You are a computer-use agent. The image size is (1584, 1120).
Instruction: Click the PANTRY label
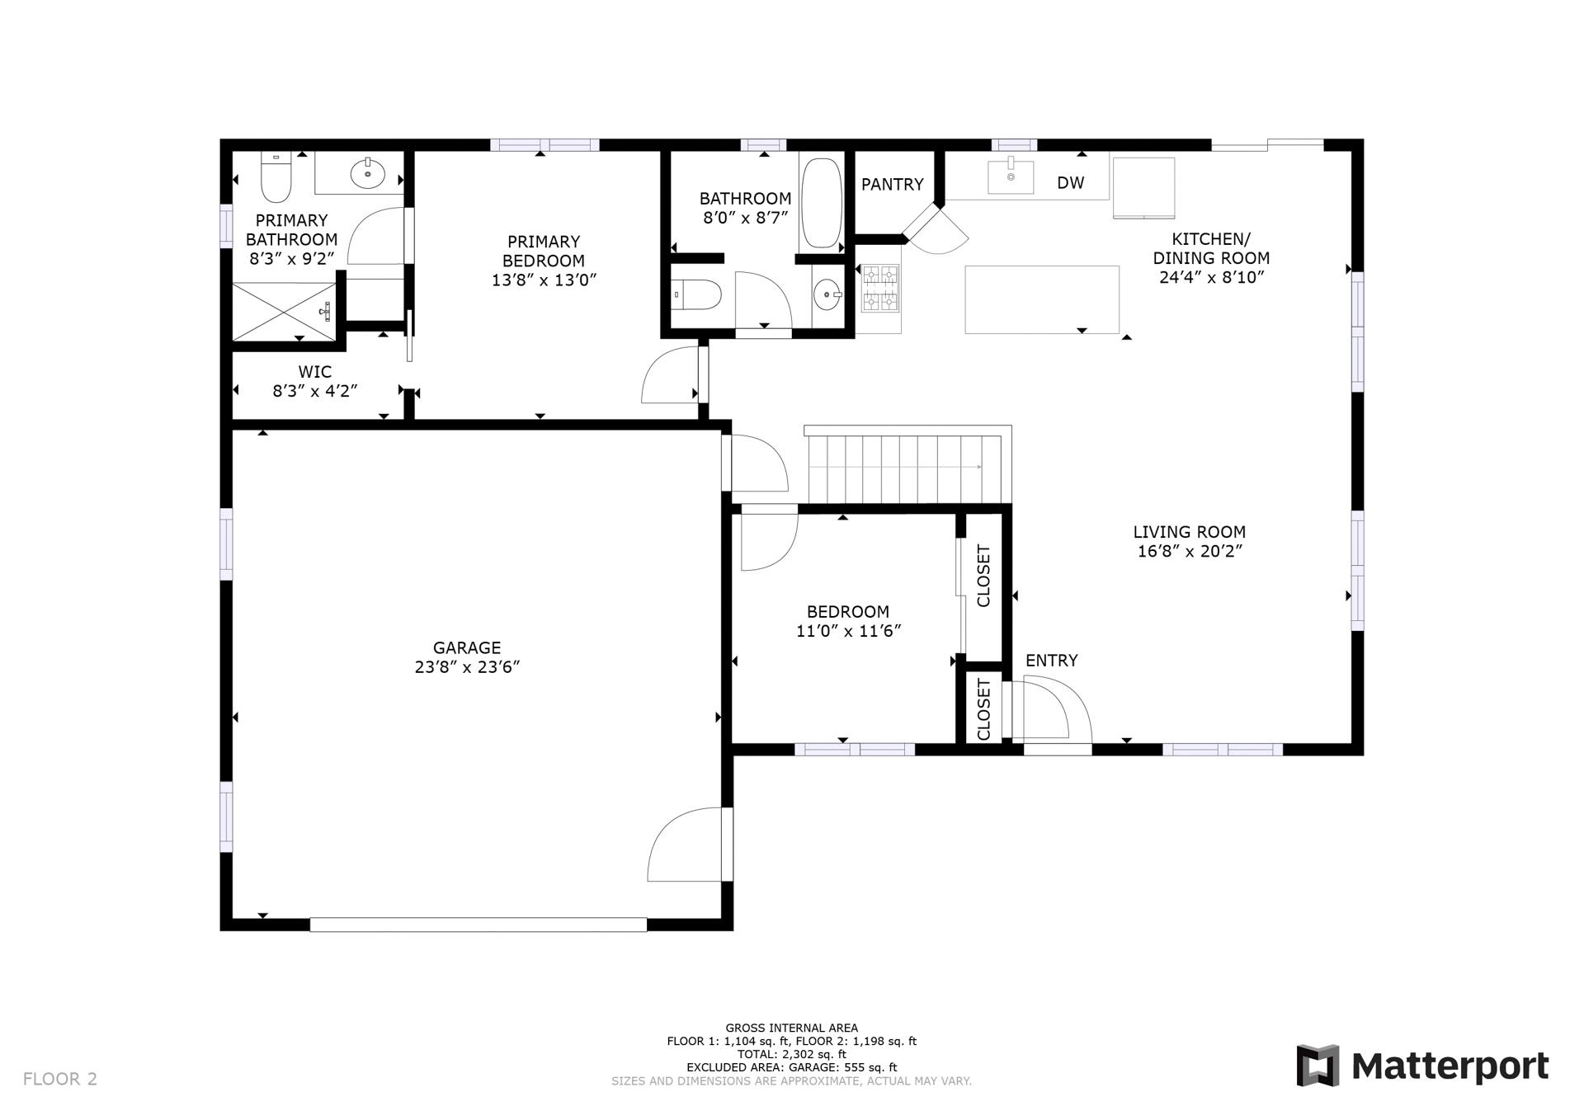click(892, 185)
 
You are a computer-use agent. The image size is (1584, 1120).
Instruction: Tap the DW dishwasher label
click(1070, 183)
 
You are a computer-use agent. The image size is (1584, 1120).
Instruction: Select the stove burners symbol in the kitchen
click(879, 288)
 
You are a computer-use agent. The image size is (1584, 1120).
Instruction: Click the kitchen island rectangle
click(1041, 299)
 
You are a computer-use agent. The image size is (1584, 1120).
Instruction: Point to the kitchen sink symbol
click(1011, 176)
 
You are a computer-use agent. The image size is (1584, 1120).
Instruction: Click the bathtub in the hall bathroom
click(820, 203)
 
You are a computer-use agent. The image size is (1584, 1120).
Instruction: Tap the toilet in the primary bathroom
click(276, 179)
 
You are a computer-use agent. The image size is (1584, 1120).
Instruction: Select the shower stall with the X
click(284, 311)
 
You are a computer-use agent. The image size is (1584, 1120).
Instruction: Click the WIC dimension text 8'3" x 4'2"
click(314, 391)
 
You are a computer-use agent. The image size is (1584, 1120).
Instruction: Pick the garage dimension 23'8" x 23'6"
click(467, 667)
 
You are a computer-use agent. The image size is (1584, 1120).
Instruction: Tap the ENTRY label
click(1051, 661)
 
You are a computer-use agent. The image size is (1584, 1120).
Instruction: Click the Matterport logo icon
click(1318, 1065)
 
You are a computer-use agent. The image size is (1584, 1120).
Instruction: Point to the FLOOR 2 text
click(60, 1079)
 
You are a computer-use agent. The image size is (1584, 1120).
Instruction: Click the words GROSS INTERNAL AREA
click(791, 1028)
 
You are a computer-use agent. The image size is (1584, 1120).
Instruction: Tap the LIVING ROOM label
click(1189, 533)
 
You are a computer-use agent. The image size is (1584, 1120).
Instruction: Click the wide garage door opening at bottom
click(478, 925)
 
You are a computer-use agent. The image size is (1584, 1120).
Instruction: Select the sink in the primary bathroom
click(367, 173)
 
